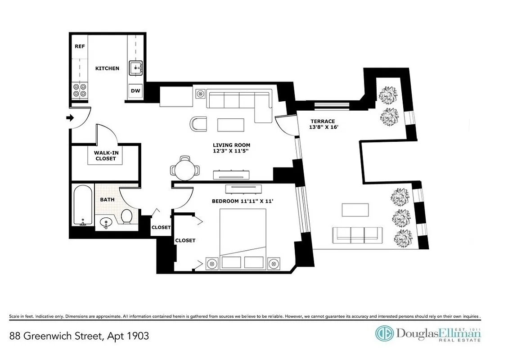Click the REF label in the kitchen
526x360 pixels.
tap(80, 46)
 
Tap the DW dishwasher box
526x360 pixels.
tap(135, 91)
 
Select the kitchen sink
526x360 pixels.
tap(135, 68)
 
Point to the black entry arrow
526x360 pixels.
tap(70, 118)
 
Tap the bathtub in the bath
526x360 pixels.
tap(83, 206)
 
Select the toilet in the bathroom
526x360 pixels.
tap(127, 216)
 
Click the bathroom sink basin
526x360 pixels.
tap(106, 222)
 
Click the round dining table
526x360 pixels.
tap(184, 170)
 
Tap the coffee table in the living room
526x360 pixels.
tap(231, 124)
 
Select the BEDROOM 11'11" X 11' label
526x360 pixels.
tap(243, 201)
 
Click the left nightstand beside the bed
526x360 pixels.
tap(211, 263)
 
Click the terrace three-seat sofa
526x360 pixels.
tap(357, 234)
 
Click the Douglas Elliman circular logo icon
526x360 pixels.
tap(384, 334)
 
